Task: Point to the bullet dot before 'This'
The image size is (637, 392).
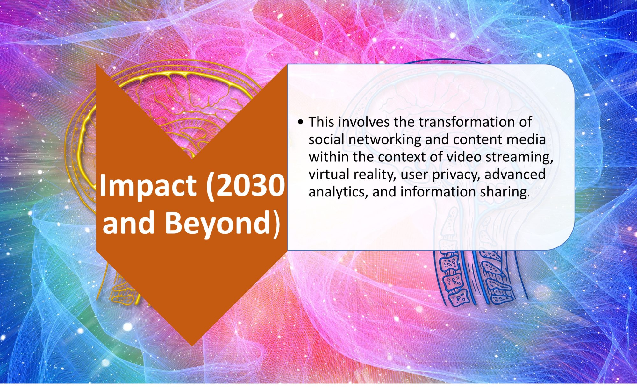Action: tap(300, 122)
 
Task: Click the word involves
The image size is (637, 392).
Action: tap(364, 122)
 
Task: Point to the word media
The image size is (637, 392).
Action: tap(528, 139)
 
